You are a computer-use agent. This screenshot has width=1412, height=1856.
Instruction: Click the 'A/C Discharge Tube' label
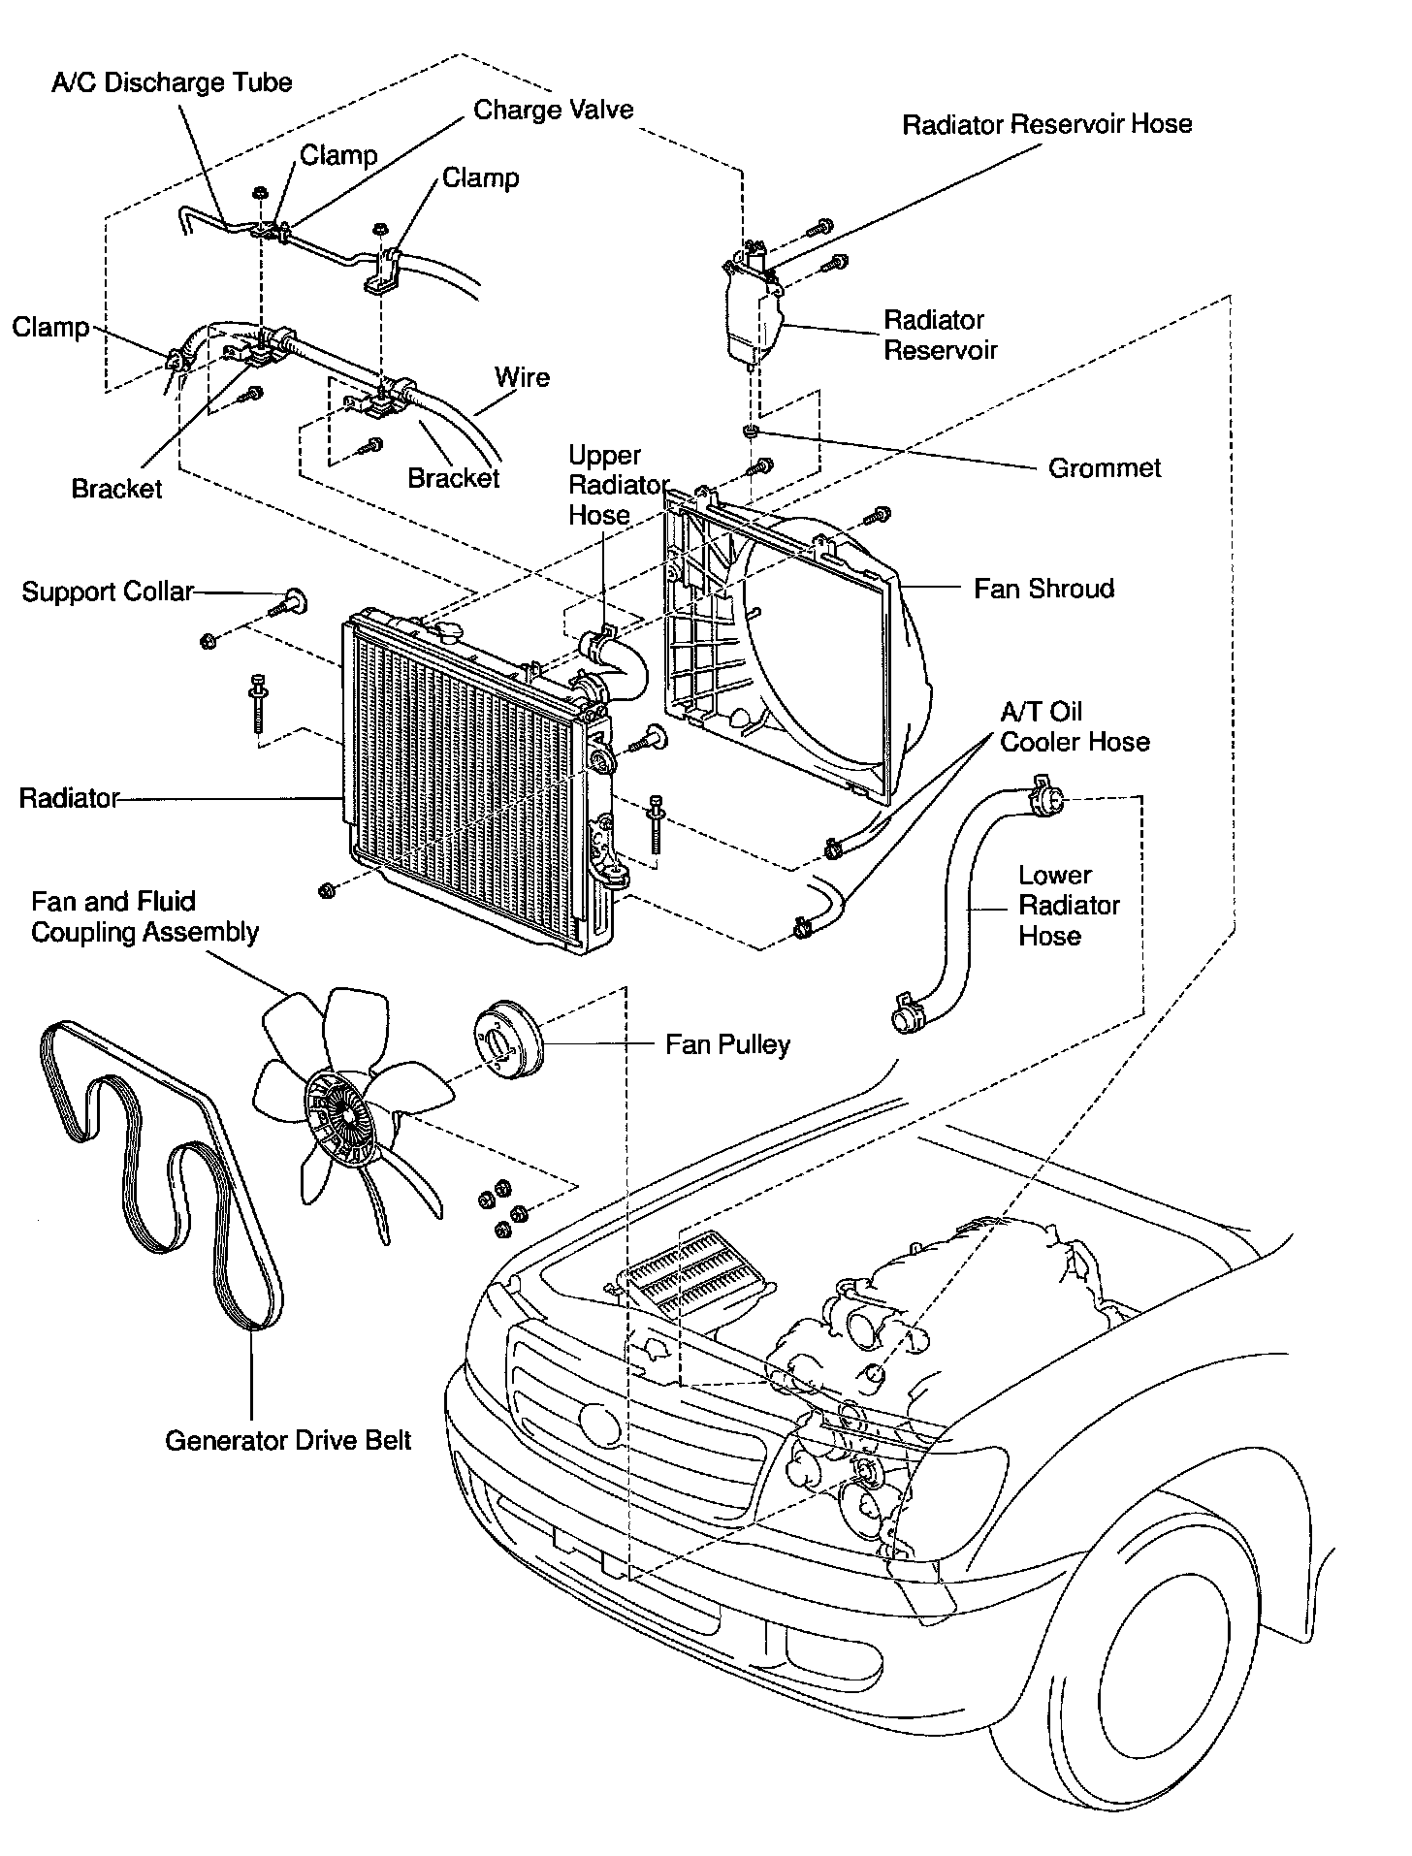coord(172,82)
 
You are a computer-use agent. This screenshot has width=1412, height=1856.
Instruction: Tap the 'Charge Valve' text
coord(553,110)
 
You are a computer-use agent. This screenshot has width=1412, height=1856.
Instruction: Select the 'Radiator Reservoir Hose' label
coord(1046,124)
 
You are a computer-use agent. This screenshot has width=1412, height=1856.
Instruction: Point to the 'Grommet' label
coord(1105,468)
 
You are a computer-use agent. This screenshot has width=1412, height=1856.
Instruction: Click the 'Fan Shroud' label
coord(1043,589)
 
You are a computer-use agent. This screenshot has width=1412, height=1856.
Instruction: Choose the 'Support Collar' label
coord(108,592)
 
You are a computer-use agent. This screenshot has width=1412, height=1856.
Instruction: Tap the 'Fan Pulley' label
coord(727,1044)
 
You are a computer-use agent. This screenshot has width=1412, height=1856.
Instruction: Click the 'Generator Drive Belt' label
coord(288,1440)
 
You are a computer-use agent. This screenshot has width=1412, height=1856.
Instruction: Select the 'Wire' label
coord(522,377)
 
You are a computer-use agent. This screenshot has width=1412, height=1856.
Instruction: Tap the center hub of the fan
coord(337,1117)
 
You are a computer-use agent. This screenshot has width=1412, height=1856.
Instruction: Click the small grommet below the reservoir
coord(750,431)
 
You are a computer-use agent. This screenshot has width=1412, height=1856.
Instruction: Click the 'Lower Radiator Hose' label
coord(1069,905)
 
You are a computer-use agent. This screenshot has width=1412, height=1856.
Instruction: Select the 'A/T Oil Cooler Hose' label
coord(1075,727)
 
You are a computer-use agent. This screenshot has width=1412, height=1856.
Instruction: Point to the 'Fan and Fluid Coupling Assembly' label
coord(144,916)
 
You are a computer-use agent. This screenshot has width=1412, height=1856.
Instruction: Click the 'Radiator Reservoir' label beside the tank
coord(939,335)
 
